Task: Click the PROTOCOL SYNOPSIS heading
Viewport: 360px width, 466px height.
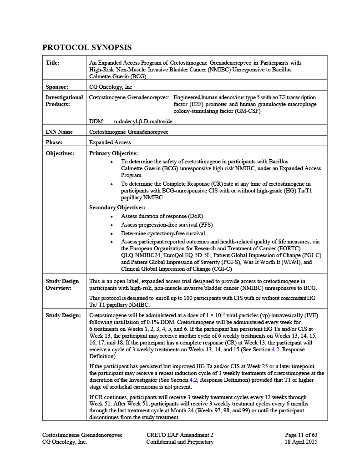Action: (x=87, y=47)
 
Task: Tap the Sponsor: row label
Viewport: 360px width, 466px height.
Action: (x=57, y=86)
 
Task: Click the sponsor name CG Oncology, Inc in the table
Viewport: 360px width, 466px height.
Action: (x=111, y=86)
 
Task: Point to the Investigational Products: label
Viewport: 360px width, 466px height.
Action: (x=64, y=101)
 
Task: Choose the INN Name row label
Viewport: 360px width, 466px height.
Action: (x=59, y=132)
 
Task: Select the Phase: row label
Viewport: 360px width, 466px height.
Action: (x=54, y=142)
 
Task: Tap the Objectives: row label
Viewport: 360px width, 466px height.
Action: (x=60, y=153)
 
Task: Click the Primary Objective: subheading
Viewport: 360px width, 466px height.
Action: (x=113, y=153)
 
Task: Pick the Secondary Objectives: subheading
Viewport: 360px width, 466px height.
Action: (x=117, y=208)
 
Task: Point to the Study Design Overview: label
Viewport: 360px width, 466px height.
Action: (x=62, y=284)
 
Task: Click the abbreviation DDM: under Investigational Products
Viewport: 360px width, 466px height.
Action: (x=96, y=122)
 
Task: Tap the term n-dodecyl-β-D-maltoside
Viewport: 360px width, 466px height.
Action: (x=143, y=122)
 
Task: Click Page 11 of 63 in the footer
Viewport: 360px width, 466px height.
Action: (x=301, y=435)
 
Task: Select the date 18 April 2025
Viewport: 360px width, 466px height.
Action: (x=301, y=442)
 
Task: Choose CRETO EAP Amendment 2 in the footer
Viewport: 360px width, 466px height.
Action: (x=180, y=435)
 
